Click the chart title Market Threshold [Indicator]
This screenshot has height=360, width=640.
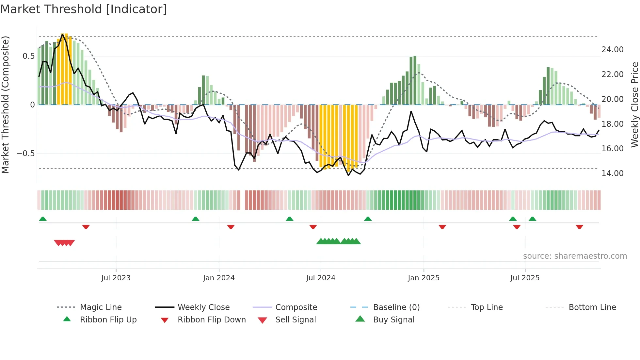pos(84,9)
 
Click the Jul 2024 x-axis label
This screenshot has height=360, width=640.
pos(321,278)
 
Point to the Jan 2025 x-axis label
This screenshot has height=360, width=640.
pos(424,278)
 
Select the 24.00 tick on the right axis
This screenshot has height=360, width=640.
pos(612,49)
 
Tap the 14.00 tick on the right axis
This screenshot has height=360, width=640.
pos(612,173)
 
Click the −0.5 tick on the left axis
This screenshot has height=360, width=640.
pos(26,153)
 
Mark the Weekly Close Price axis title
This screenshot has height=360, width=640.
pos(634,105)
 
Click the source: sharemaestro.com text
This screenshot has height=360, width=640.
pos(575,256)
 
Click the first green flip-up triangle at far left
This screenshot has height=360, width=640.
pos(43,219)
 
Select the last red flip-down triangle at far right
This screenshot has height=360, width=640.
pos(579,227)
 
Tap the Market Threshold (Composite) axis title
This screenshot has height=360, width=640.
pos(5,105)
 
